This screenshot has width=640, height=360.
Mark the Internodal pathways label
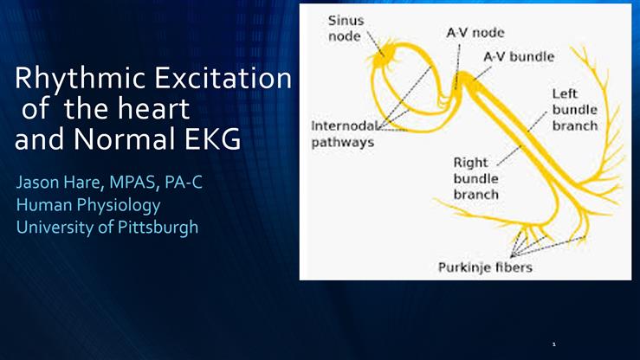tap(342, 134)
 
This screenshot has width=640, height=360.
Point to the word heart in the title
tap(157, 112)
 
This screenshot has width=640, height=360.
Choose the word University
tap(54, 229)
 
